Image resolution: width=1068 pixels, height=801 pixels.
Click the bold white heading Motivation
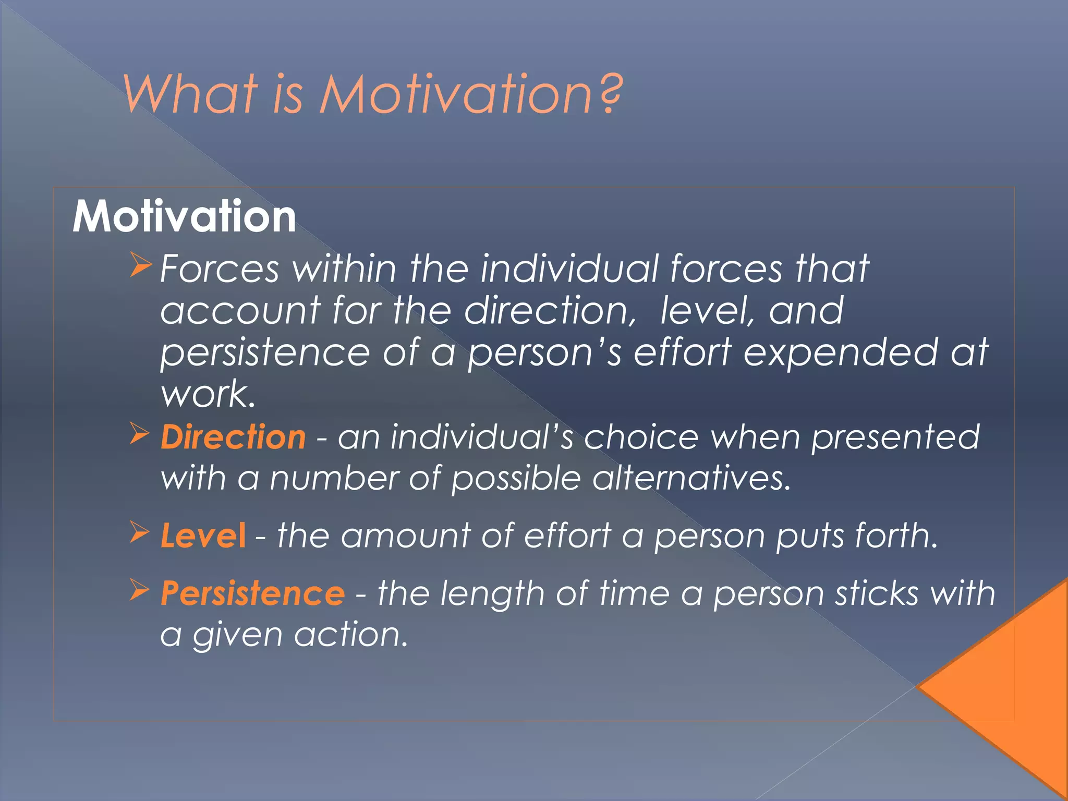click(x=184, y=216)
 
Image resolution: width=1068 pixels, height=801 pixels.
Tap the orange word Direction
click(x=233, y=437)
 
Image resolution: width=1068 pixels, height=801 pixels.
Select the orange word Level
click(x=203, y=536)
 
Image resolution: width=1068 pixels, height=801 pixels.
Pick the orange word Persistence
click(x=252, y=593)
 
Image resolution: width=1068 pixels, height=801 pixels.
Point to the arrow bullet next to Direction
click(x=140, y=434)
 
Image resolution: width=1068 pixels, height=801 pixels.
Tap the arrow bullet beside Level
click(x=140, y=532)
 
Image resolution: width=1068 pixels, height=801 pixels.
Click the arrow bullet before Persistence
click(x=140, y=590)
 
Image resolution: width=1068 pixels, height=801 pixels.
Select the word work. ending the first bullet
click(x=208, y=394)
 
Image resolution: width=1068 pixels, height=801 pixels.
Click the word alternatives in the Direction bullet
click(x=691, y=478)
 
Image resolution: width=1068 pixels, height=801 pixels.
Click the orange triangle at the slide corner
click(x=1012, y=688)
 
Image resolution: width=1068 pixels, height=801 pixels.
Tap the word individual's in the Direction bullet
click(x=482, y=437)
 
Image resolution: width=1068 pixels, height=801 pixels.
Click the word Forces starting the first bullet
click(x=220, y=269)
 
